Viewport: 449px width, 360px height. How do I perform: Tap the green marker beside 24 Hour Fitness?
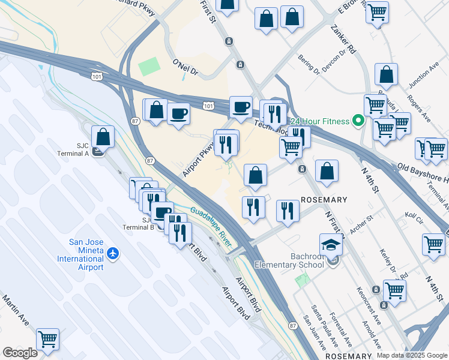coord(358,122)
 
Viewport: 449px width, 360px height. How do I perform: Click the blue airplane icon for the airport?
coord(113,254)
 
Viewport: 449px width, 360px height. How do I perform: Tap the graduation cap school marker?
coord(331,245)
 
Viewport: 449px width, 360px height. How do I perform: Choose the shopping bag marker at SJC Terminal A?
coord(103,137)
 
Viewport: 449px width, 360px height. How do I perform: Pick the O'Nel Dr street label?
coord(185,66)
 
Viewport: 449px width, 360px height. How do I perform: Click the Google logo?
coord(20,353)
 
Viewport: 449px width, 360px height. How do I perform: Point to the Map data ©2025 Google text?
coord(411,355)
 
